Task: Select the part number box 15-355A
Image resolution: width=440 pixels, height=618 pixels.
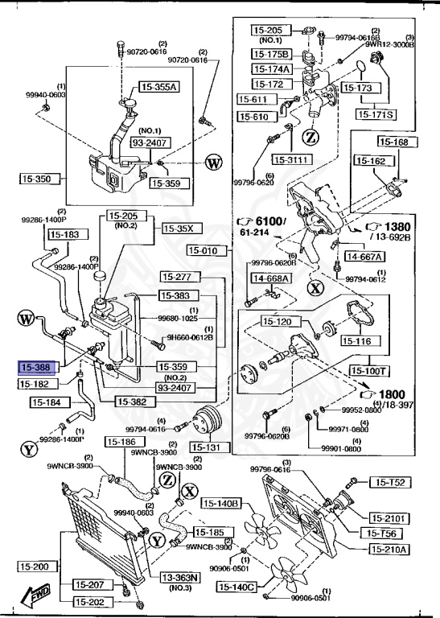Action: coord(159,86)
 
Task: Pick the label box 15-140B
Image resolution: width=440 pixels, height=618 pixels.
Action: coord(221,504)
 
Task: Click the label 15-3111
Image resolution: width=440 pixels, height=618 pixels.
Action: coord(291,159)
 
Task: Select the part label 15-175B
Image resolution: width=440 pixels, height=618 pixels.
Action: coord(271,54)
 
